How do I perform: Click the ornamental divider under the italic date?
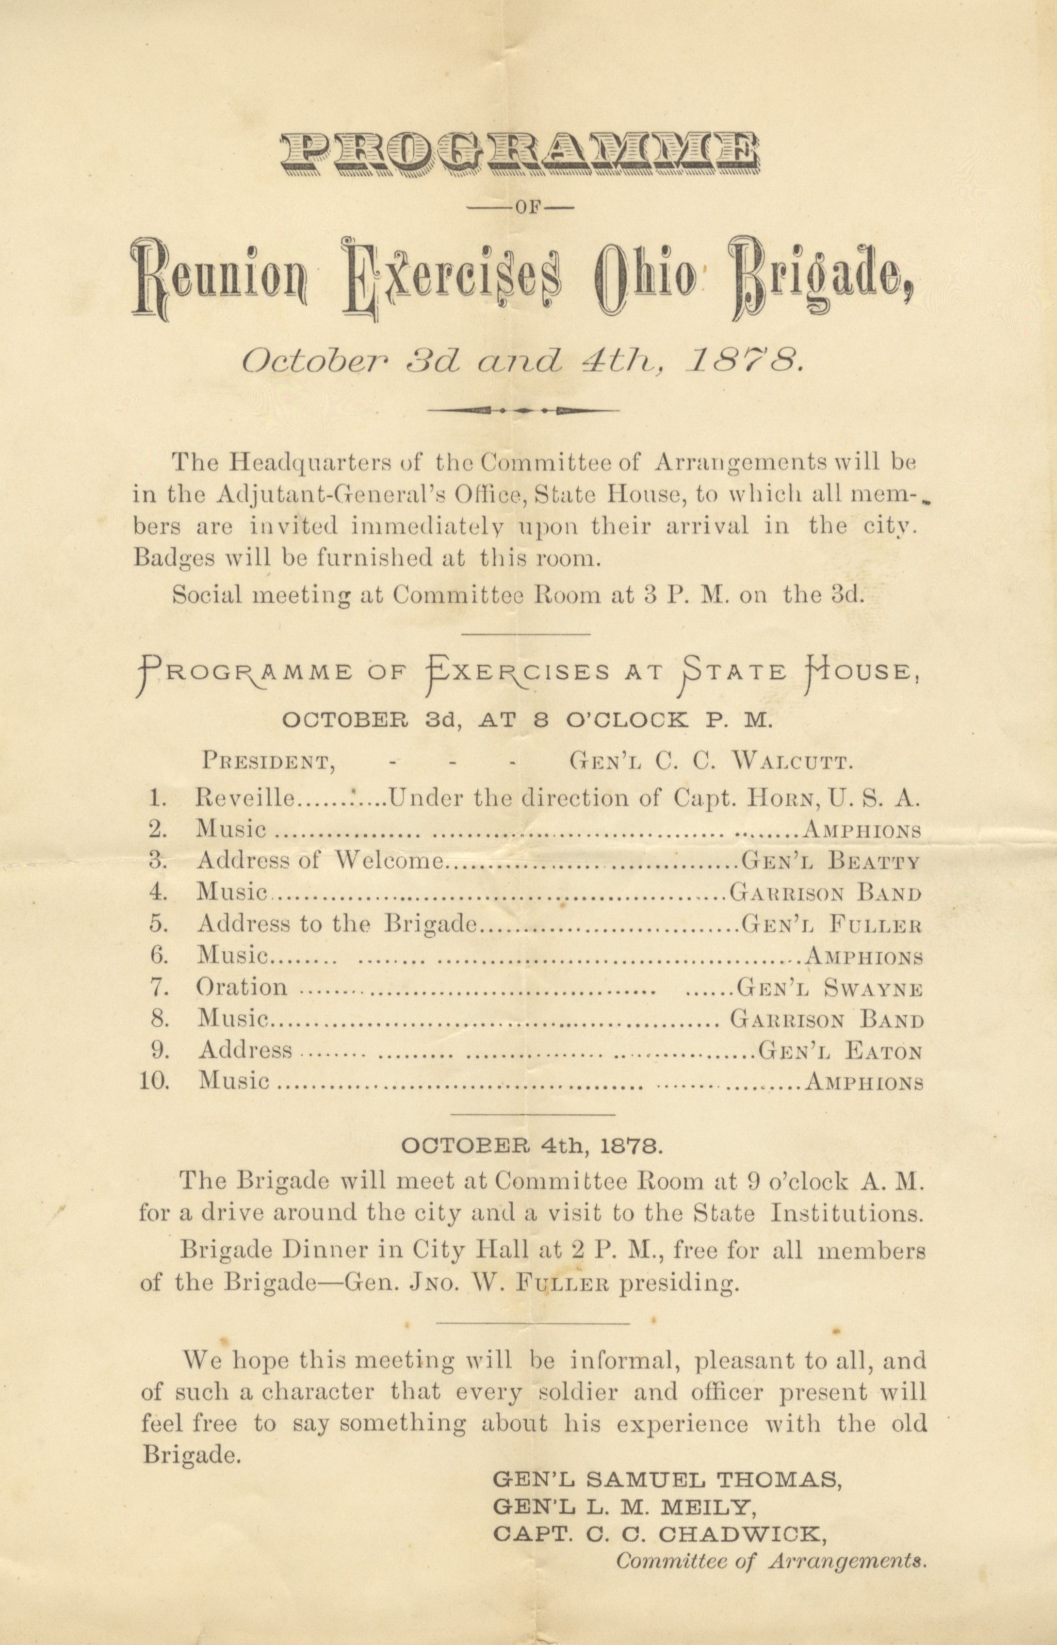click(523, 410)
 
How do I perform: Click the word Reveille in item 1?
click(246, 798)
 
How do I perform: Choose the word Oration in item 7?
click(242, 988)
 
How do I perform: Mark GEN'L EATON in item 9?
click(839, 1051)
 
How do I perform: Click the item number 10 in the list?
click(155, 1082)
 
